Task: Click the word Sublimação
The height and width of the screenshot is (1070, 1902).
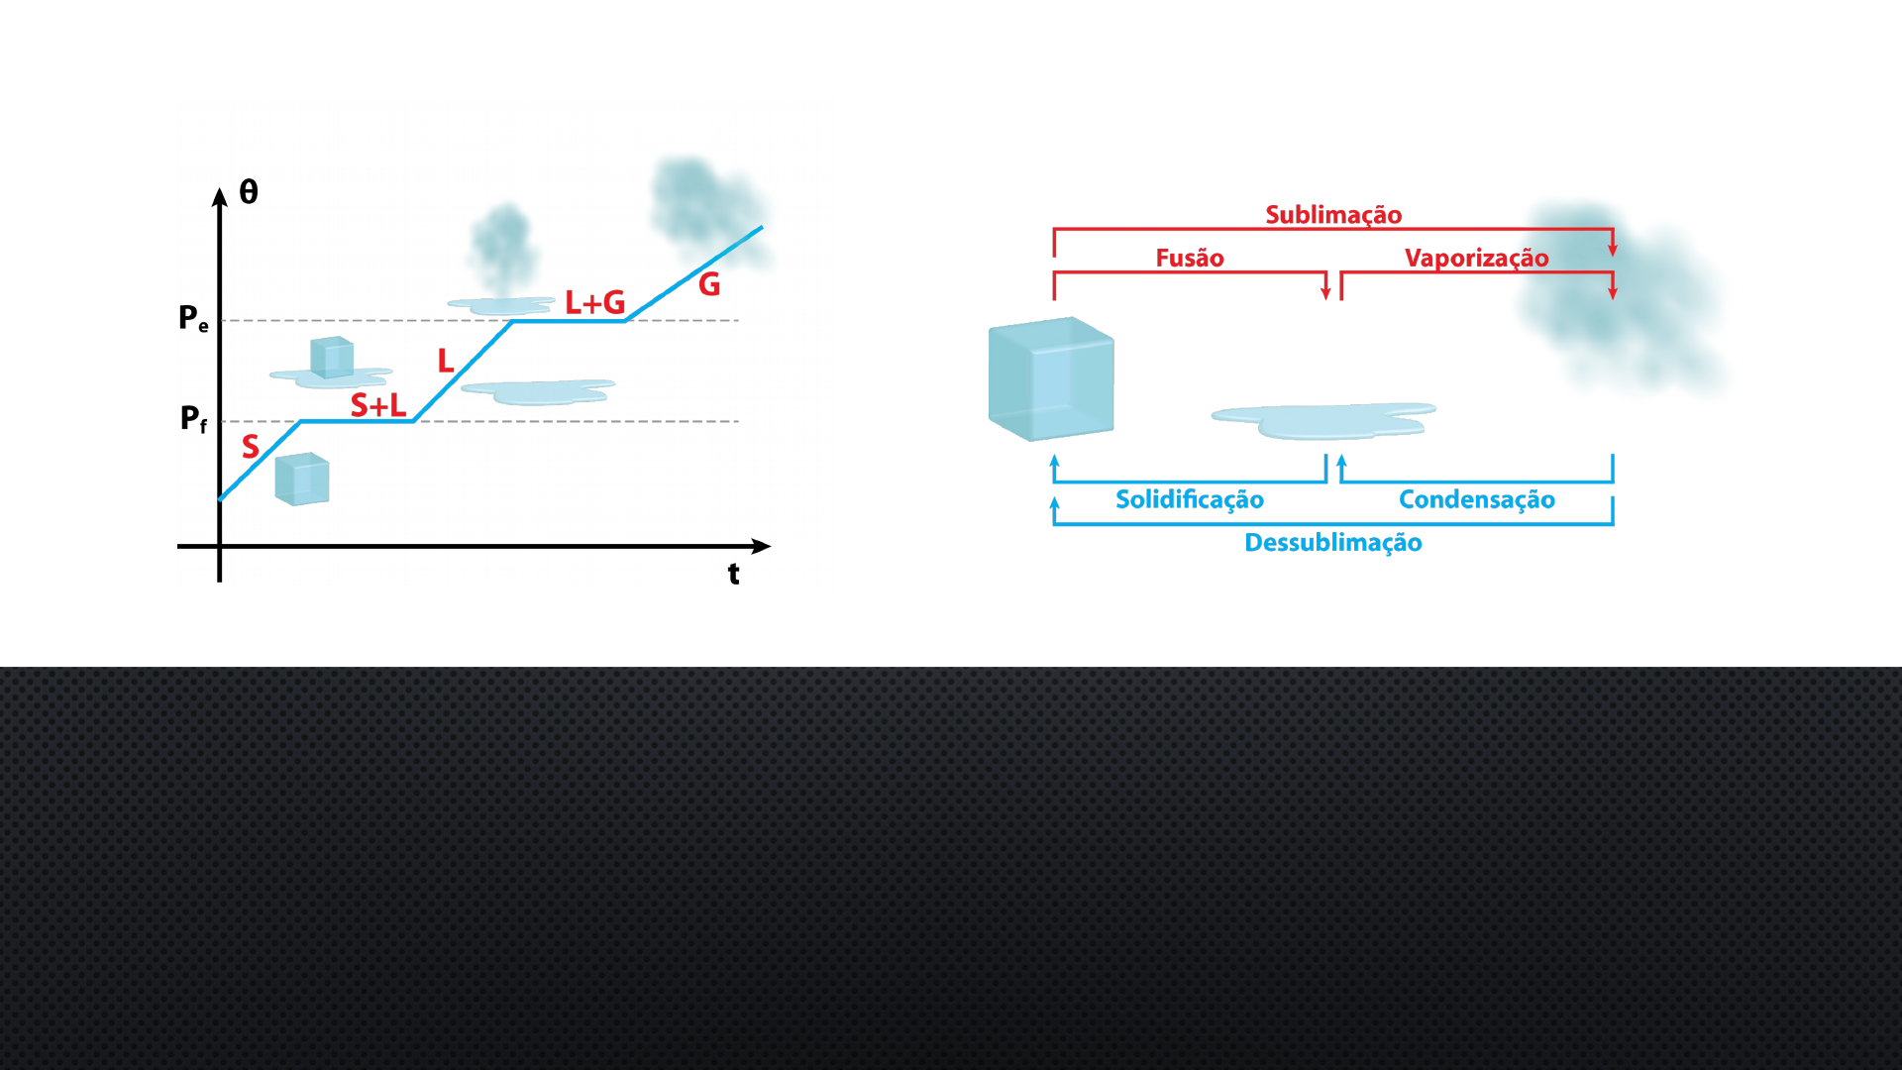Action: (1333, 215)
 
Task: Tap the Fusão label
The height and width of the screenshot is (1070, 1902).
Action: (1190, 259)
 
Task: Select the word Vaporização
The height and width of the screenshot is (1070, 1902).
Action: (1476, 259)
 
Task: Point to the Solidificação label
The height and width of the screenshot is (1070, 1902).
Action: (1190, 499)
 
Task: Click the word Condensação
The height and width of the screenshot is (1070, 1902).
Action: (1476, 499)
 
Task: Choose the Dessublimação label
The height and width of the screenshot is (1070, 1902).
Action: (1333, 543)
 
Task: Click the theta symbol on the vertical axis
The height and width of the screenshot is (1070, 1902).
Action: (249, 192)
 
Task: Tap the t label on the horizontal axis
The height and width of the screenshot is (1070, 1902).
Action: (733, 574)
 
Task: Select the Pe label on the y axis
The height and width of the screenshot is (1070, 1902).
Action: (193, 319)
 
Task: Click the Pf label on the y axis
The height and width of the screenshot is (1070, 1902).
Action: (193, 419)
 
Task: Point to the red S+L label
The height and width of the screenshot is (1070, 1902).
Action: (378, 405)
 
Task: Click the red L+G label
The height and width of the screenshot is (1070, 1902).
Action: (594, 302)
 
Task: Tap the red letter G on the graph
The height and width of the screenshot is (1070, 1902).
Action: (709, 285)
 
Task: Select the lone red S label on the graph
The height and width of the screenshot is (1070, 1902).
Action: (251, 447)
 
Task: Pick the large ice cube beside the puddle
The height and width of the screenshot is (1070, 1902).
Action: (1051, 378)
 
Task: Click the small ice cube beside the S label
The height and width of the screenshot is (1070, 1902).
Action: (302, 480)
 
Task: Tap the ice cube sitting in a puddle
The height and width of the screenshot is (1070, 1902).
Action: (331, 358)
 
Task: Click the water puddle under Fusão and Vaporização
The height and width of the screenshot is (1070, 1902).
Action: (1322, 421)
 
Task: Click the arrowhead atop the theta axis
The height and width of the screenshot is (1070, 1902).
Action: (220, 196)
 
